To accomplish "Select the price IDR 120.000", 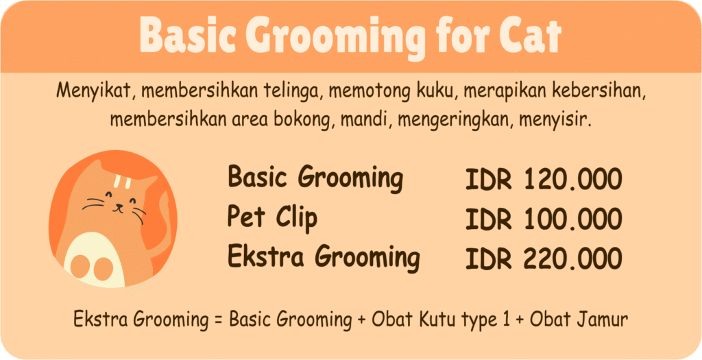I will [x=544, y=179].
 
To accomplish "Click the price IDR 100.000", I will [x=544, y=219].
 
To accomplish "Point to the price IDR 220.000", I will [x=544, y=259].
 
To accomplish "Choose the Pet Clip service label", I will [x=272, y=219].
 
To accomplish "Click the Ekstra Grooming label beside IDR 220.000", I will [x=323, y=257].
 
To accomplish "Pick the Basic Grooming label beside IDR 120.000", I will [x=315, y=178].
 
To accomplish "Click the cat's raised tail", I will [x=161, y=219].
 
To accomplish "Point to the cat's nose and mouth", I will [x=118, y=206].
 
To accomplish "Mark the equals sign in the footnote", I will [x=219, y=320].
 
